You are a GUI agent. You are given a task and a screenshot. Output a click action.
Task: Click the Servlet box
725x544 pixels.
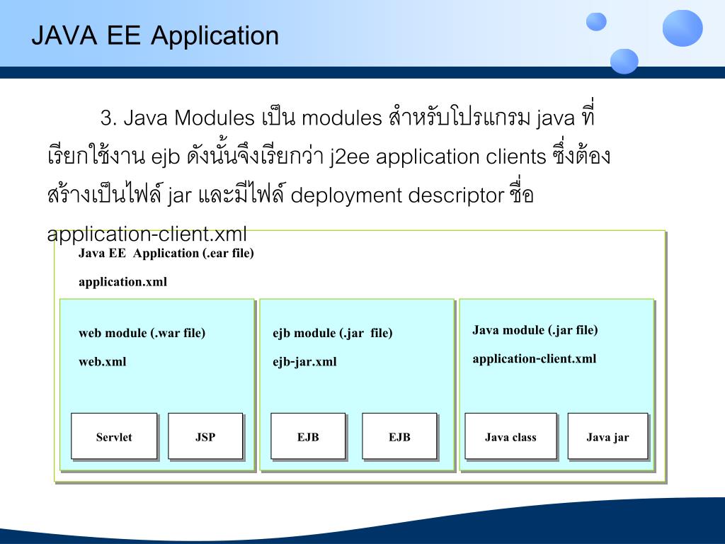coord(114,436)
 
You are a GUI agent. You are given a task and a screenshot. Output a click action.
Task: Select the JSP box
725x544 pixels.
coord(205,436)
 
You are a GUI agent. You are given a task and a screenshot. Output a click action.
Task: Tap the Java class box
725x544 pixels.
coord(510,436)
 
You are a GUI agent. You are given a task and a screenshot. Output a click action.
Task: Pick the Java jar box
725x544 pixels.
coord(607,436)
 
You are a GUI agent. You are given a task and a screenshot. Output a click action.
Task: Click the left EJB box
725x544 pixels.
coord(308,436)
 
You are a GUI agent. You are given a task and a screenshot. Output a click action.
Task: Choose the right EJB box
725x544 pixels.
coord(399,436)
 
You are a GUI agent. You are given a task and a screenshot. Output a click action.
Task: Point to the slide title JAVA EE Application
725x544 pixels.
coord(155,35)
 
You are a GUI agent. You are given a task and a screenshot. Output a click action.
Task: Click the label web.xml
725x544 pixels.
coord(103,362)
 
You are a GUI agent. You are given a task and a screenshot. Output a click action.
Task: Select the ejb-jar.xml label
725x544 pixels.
coord(304,362)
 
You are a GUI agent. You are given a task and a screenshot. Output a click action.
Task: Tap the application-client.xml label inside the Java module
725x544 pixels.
coord(535,358)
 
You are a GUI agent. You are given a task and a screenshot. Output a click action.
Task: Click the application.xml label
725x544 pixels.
coord(123,282)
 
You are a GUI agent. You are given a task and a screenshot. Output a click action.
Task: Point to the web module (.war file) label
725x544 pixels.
coord(142,333)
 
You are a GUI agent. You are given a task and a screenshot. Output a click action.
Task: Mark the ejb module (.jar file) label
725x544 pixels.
coord(333,333)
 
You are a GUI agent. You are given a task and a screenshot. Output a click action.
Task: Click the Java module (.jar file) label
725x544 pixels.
coord(535,330)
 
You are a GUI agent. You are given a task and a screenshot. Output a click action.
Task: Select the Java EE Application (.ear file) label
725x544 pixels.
coord(166,254)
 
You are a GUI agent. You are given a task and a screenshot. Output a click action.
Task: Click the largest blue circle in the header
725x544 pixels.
coord(683,28)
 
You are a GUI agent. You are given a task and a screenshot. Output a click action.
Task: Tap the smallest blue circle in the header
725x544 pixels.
coord(596,22)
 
